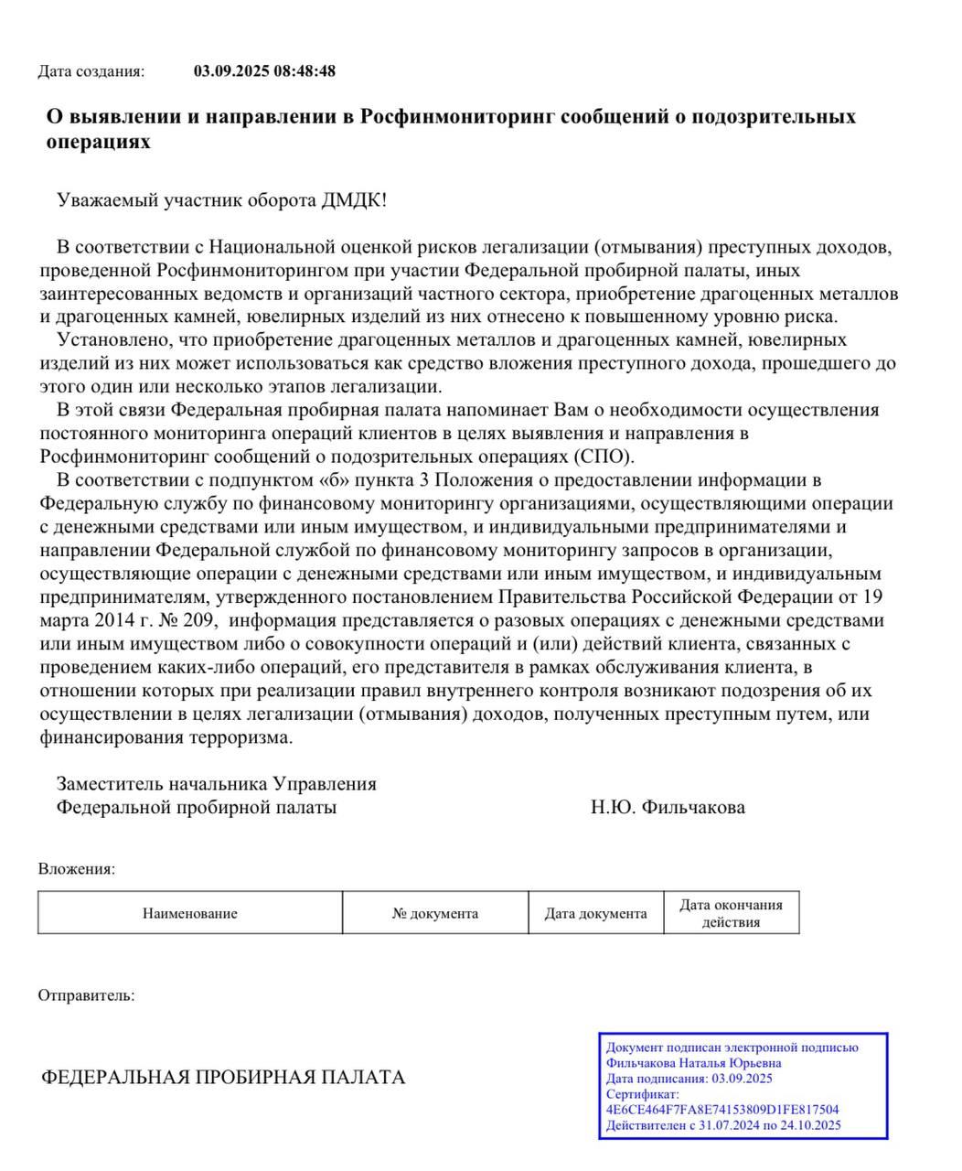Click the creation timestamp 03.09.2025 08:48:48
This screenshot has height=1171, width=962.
[264, 71]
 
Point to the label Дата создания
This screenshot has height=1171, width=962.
[91, 71]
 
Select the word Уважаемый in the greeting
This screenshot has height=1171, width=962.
[101, 199]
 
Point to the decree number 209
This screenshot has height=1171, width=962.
[198, 620]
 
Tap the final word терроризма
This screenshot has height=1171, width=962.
[240, 737]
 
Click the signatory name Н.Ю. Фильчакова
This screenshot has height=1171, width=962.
[668, 807]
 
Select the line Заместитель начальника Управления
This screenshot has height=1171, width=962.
[217, 784]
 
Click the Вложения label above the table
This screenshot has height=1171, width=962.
[77, 869]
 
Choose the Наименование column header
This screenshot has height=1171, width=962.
[189, 913]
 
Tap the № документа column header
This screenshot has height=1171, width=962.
[435, 913]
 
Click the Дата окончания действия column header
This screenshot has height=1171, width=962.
[731, 913]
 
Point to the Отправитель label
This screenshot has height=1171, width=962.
[86, 995]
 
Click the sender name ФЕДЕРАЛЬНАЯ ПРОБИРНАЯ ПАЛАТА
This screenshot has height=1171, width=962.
[223, 1078]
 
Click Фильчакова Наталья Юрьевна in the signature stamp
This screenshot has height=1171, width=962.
[693, 1063]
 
